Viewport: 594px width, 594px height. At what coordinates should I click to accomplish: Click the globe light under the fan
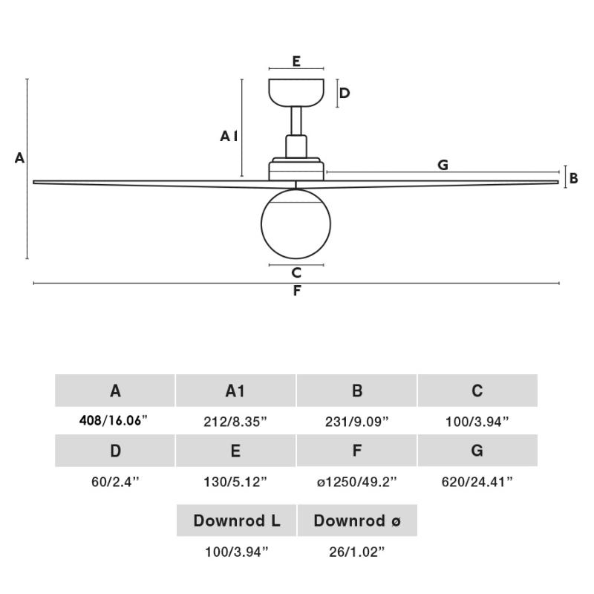pos(296,223)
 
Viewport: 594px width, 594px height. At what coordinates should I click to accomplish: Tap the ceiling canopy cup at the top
pos(296,91)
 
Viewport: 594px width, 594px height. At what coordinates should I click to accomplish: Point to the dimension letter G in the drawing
pos(443,165)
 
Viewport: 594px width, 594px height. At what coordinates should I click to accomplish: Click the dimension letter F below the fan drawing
pos(297,291)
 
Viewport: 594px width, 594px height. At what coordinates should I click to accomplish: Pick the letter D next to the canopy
pos(345,93)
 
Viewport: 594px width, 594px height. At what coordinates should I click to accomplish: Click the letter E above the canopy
pos(296,62)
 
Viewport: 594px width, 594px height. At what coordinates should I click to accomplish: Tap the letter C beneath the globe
pos(296,273)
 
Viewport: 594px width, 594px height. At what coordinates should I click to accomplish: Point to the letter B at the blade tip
pos(573,178)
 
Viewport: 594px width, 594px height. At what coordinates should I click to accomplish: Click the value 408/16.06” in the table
pos(114,421)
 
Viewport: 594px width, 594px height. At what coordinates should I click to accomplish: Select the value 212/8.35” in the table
pos(235,422)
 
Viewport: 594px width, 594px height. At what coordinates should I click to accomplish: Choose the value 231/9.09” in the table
pos(356,422)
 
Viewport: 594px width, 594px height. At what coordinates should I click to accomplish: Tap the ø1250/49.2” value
pos(356,482)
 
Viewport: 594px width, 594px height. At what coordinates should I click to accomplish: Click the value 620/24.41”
pos(477,482)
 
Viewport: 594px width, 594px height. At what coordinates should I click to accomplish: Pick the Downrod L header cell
pos(236,520)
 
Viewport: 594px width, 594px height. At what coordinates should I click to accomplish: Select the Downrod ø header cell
pos(357,520)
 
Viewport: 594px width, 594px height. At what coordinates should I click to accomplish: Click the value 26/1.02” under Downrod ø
pos(356,552)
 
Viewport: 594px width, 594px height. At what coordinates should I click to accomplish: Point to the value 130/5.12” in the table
pos(235,482)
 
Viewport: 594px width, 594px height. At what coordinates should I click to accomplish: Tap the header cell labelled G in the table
pos(477,451)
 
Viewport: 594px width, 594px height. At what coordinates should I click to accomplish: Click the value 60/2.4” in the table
pos(114,482)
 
